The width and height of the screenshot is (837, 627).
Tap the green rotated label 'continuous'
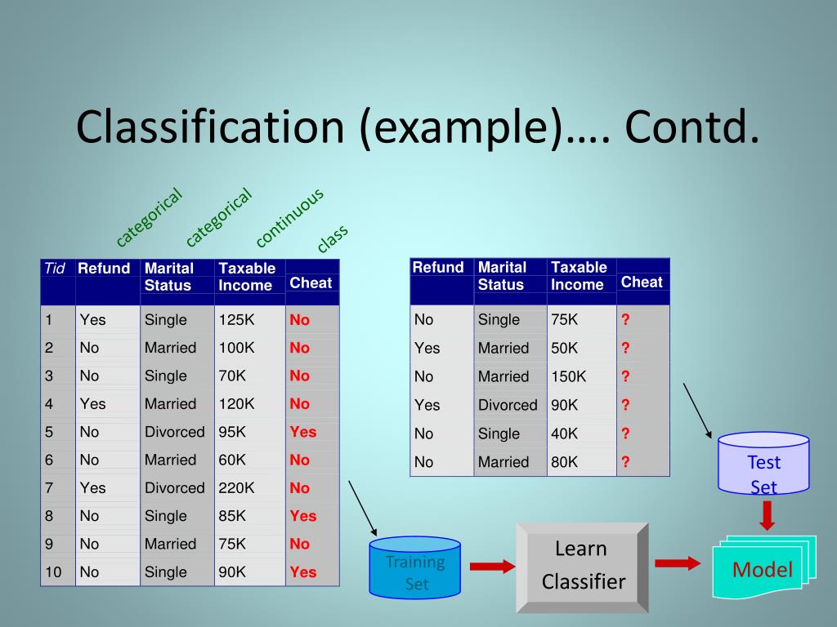point(289,216)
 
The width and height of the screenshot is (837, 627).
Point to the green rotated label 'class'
point(333,238)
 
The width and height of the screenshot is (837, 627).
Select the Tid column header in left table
point(55,269)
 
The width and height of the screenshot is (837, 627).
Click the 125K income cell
point(237,320)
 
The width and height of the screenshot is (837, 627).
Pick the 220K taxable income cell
point(237,488)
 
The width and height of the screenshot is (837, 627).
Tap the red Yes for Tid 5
point(303,432)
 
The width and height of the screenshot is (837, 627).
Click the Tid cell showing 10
point(54,572)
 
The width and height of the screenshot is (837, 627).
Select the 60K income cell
point(232,460)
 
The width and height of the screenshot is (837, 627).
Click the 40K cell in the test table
point(564,434)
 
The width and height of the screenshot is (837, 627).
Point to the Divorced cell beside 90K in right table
point(508,405)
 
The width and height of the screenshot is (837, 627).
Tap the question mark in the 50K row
point(625,348)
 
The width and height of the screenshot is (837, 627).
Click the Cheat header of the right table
point(642,282)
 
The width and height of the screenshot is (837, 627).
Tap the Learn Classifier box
point(582,566)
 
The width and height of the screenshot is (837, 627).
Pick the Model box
point(763,569)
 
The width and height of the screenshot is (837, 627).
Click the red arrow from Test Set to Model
point(766,514)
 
